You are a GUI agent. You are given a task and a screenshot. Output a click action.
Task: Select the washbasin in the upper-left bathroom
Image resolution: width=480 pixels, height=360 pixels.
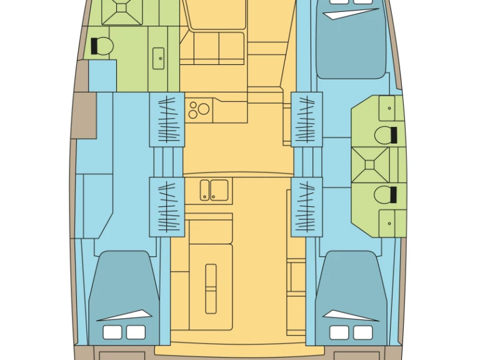click(x=159, y=59)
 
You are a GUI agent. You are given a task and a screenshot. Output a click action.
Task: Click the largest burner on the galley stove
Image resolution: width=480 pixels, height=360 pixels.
click(x=203, y=109)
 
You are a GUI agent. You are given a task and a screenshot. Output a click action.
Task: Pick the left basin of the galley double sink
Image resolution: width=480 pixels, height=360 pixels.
click(x=205, y=190)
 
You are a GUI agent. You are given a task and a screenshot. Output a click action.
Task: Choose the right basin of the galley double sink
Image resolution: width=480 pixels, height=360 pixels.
click(x=219, y=190)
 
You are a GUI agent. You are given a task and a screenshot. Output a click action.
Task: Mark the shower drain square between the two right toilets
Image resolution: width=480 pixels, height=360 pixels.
click(x=369, y=164)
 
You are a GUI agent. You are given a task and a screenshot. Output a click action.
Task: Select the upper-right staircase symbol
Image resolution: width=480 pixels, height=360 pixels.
click(x=307, y=119)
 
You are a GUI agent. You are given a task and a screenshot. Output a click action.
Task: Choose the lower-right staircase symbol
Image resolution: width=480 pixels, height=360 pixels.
click(x=307, y=206)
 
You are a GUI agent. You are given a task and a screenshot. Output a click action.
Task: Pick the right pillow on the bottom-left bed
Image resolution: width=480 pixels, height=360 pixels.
click(x=135, y=331)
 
